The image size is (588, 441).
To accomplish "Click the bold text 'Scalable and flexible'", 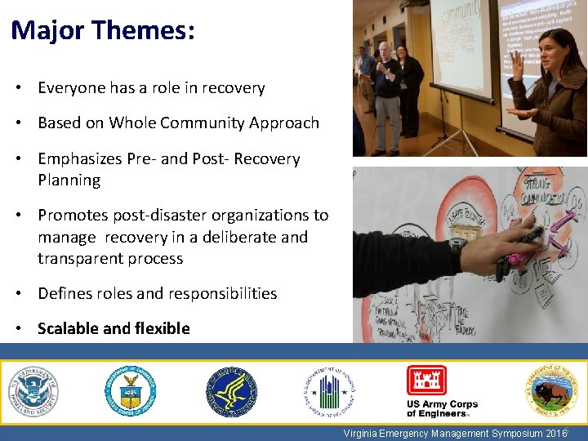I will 114,328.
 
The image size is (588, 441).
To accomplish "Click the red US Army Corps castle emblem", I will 426,381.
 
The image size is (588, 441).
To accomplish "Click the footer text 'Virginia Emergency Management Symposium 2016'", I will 455,434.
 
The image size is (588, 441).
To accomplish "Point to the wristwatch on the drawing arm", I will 458,243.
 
